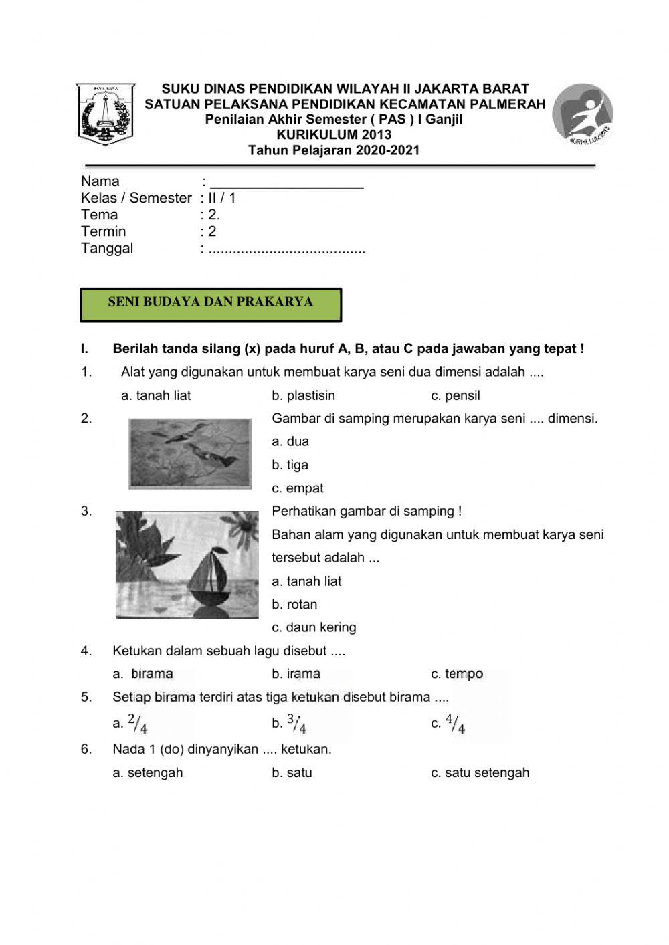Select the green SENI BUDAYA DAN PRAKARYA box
[211, 304]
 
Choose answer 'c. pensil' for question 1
[456, 395]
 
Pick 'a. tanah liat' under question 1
[156, 395]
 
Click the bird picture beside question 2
[190, 453]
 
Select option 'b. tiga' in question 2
[290, 465]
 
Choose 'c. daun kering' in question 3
[314, 627]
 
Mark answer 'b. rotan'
[294, 604]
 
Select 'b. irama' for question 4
[296, 673]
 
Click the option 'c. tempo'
[457, 673]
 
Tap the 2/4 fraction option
[137, 724]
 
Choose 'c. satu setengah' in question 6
[480, 772]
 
